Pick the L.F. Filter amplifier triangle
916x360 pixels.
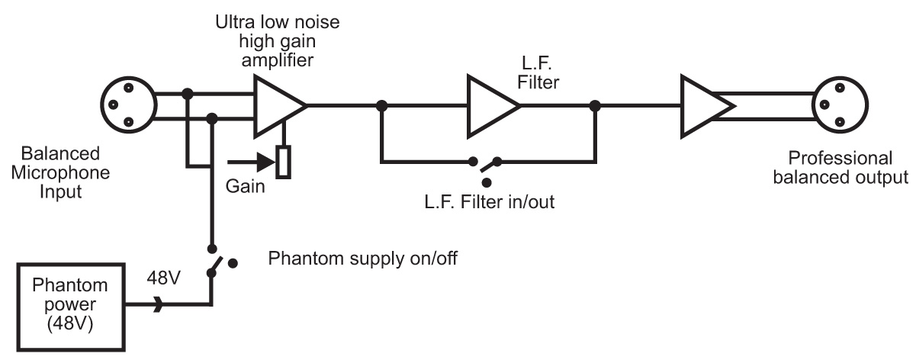[492, 106]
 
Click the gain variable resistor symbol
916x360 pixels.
[284, 162]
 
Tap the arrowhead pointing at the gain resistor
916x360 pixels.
[265, 162]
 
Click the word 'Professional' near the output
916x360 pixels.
[840, 159]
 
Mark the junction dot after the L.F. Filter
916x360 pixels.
[594, 106]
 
